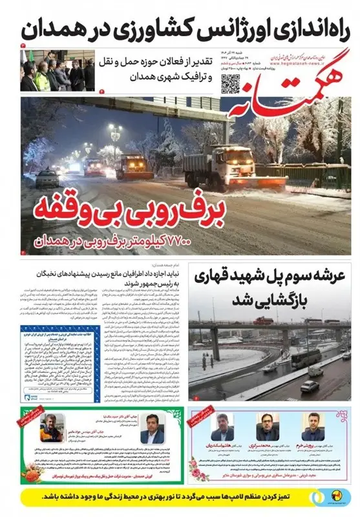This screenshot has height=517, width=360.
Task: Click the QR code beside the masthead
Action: pyautogui.click(x=231, y=82)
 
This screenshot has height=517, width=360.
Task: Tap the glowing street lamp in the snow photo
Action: pyautogui.click(x=115, y=129)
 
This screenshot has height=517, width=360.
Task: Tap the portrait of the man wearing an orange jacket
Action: pyautogui.click(x=52, y=427)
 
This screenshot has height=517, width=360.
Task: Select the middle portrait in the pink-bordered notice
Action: pyautogui.click(x=267, y=427)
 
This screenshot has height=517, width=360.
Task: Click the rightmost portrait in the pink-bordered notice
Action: pyautogui.click(x=312, y=427)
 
